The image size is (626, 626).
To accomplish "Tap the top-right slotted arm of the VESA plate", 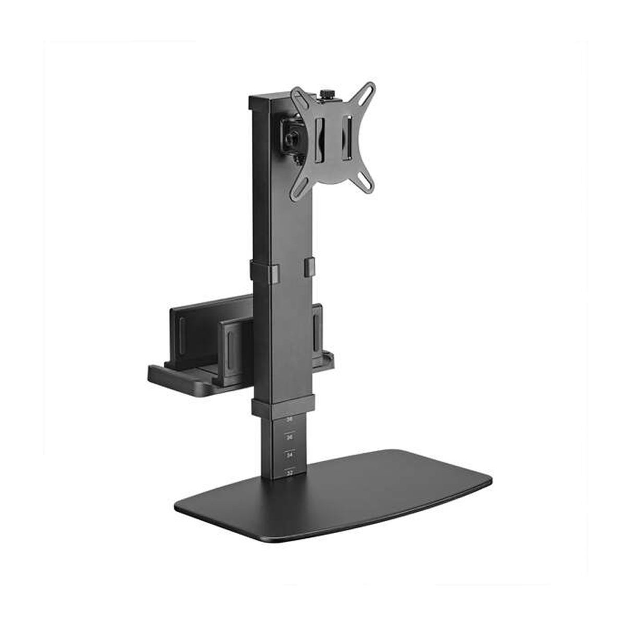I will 365,93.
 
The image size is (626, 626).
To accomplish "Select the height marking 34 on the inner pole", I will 290,454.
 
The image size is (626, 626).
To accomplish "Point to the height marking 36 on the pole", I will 290,436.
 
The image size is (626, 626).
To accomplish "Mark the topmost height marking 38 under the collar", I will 290,419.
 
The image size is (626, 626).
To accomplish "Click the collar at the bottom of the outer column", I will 283,407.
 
